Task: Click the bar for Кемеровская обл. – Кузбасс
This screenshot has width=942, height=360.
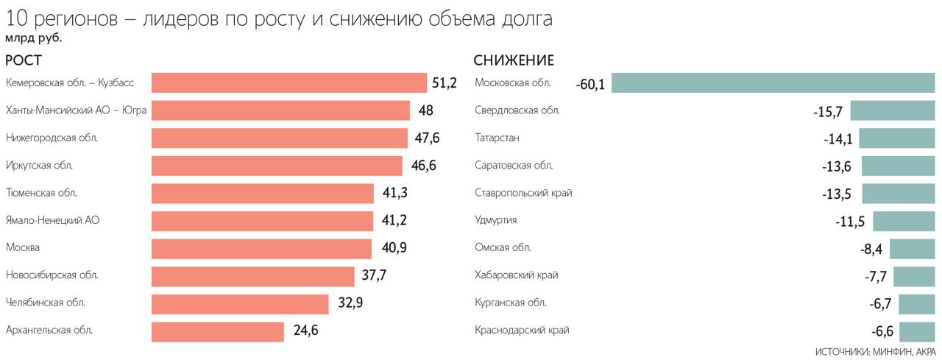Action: coord(288,82)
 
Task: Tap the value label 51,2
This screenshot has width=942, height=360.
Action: coord(445,82)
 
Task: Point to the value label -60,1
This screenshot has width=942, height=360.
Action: coord(590,85)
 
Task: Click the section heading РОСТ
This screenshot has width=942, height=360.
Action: coord(24,60)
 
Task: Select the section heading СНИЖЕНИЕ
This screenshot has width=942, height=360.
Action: coord(514,60)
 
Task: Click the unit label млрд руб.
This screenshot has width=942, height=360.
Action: coord(33,38)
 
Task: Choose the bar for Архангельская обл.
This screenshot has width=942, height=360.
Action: coord(217,331)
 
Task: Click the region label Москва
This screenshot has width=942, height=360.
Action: coord(23,247)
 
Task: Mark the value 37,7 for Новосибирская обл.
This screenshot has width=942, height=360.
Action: coord(373,275)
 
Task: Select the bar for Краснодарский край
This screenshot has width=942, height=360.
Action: coord(916,331)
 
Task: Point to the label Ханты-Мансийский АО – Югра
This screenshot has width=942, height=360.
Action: coord(76,110)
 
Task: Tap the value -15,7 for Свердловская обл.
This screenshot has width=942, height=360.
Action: coord(828,112)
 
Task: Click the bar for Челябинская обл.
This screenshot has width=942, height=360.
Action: coord(239,303)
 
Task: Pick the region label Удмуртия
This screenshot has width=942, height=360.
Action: coord(496,220)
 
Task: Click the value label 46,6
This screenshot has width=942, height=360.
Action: coord(423,166)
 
